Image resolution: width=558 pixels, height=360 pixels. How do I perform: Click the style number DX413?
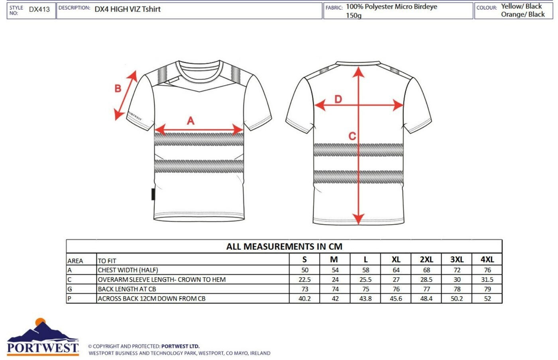39,10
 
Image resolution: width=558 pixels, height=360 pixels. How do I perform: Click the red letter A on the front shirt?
191,121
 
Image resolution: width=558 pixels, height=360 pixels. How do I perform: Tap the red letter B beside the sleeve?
118,88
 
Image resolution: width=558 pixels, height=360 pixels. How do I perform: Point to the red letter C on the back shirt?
352,137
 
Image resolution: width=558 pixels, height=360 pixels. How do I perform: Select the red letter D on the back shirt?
338,99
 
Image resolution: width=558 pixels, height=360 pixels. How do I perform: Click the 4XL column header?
487,260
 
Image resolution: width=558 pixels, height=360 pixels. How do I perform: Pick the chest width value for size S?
305,270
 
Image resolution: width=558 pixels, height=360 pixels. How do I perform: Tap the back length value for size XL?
396,289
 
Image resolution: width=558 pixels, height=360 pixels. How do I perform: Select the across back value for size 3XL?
457,299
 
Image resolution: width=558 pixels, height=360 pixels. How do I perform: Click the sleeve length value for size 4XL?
487,280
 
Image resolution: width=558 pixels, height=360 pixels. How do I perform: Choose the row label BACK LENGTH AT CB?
127,289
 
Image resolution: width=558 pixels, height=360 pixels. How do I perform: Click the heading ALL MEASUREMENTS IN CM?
284,247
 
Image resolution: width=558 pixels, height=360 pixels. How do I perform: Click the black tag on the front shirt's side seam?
153,194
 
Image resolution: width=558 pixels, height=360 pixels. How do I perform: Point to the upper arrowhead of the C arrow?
359,72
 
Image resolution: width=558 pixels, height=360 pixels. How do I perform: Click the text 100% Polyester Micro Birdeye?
391,7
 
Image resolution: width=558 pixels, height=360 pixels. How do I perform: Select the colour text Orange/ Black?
523,14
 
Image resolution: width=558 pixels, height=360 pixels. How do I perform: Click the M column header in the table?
334,260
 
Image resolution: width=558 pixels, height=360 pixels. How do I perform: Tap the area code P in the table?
69,299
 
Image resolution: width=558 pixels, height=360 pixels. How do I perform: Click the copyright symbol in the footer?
90,346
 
